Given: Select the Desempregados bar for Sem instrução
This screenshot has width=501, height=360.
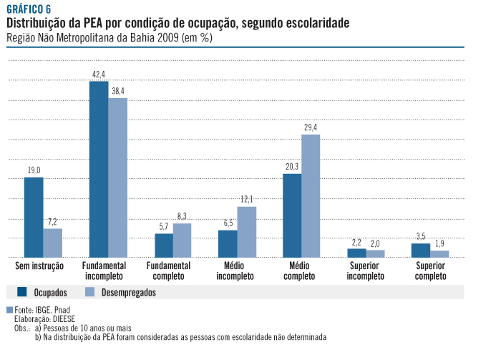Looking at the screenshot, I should click(52, 243).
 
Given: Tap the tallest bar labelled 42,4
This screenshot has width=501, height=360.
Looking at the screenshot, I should click(98, 169).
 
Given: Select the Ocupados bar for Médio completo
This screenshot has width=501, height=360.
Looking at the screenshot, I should click(292, 215).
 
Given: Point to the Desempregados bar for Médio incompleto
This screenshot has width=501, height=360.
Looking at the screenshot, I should click(246, 232).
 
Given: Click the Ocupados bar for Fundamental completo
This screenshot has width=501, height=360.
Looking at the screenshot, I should click(164, 245).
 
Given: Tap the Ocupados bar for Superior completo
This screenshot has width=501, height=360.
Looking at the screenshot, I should click(421, 250).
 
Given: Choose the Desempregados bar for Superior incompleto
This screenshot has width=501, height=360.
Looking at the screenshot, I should click(375, 253).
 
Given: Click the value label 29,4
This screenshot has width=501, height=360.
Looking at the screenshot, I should click(311, 127).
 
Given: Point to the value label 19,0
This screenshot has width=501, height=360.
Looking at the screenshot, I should click(34, 170).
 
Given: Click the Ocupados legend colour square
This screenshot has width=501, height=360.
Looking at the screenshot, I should click(21, 291).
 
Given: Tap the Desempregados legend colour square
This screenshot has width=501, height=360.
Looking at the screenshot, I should click(89, 291).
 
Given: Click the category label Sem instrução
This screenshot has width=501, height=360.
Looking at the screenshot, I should click(39, 266).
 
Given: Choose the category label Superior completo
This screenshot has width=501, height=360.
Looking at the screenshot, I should click(430, 271).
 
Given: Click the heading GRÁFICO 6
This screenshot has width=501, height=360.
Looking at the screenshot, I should click(29, 9).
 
